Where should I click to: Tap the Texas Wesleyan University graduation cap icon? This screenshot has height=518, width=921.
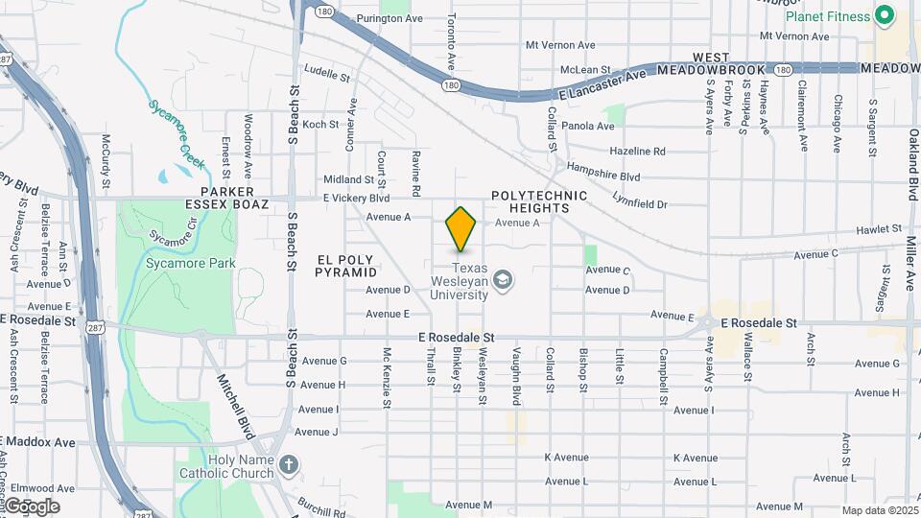(x=502, y=280)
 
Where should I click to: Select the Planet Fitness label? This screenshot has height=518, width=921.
(x=828, y=16)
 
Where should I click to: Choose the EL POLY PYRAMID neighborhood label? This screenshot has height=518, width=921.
(x=346, y=266)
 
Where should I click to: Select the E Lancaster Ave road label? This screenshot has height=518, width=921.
(x=604, y=84)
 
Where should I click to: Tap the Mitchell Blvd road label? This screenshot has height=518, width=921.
(x=234, y=401)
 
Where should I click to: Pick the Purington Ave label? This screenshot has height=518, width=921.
(x=390, y=18)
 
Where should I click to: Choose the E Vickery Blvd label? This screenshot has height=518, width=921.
(x=356, y=198)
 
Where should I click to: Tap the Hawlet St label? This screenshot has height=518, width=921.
(x=879, y=229)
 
